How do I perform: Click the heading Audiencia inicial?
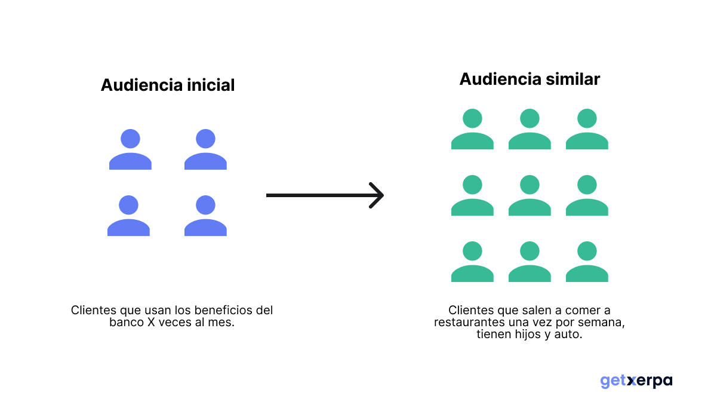tap(168, 85)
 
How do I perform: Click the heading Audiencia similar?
tap(530, 79)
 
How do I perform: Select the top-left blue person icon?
tap(130, 150)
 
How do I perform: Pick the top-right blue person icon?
tap(205, 150)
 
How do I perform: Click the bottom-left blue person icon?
tap(128, 216)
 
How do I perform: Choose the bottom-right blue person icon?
tap(205, 216)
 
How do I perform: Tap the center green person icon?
tap(530, 195)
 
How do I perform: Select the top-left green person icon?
tap(472, 129)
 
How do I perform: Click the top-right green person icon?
tap(587, 129)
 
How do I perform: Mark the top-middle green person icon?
tap(530, 129)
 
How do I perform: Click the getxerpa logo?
tap(636, 381)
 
